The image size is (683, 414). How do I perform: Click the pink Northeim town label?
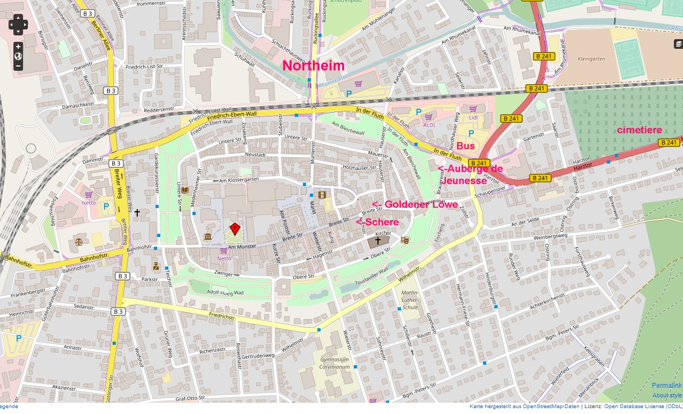[313, 65]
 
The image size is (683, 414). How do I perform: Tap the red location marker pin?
[234, 229]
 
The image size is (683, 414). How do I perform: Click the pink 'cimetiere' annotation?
[639, 130]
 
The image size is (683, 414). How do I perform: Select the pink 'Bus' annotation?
[465, 146]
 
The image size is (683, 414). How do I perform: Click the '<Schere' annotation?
[377, 222]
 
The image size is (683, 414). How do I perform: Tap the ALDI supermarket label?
[429, 125]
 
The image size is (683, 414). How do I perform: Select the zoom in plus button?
[18, 47]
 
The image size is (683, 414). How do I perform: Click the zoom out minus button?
[18, 66]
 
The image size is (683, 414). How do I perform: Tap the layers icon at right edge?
[678, 44]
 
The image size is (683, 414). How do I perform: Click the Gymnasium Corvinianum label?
[335, 363]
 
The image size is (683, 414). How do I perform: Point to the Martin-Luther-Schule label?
[410, 300]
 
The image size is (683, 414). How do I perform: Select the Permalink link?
[666, 386]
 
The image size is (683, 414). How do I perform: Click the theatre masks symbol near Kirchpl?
[405, 240]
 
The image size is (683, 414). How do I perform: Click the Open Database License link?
[642, 406]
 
